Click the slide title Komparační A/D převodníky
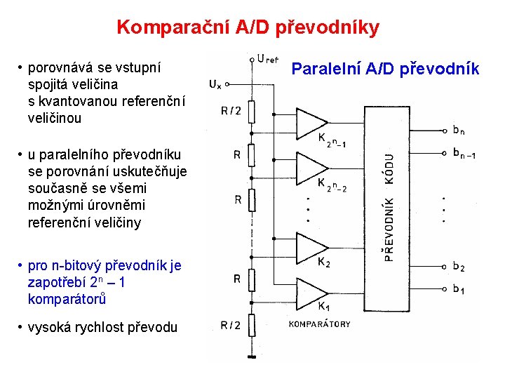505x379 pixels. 248,27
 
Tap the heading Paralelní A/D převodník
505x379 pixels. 385,69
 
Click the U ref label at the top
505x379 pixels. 267,60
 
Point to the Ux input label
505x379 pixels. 215,85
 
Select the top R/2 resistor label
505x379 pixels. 231,110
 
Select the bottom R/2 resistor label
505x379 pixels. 231,325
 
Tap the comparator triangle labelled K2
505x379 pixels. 310,246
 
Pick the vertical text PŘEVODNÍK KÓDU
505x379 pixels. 389,208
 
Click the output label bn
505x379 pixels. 459,130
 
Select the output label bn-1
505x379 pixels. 464,153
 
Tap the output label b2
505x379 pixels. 459,266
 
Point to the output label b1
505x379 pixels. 459,288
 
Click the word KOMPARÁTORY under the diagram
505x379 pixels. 320,324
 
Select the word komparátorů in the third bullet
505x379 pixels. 67,299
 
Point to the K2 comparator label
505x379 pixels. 324,263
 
